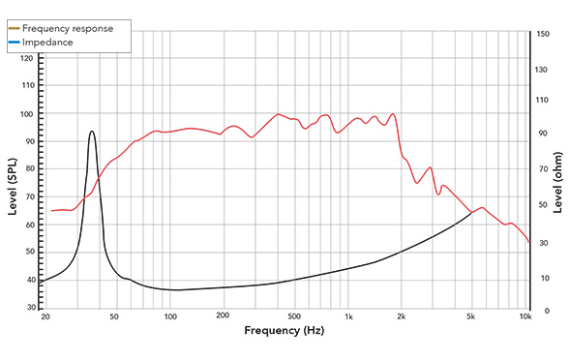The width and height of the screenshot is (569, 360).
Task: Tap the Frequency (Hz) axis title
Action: click(284, 331)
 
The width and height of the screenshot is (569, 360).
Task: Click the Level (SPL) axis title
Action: click(14, 184)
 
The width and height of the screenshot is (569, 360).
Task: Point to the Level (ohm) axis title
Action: click(556, 184)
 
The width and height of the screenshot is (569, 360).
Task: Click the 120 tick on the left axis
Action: click(27, 59)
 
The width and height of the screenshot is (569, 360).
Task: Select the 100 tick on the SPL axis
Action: click(27, 114)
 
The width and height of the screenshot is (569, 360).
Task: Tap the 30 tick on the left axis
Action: click(29, 308)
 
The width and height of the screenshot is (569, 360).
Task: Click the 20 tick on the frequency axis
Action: click(45, 316)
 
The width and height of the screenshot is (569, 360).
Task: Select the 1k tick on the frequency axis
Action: click(348, 316)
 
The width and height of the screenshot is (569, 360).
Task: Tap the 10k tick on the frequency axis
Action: click(525, 316)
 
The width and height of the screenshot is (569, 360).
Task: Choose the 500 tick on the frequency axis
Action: click(294, 316)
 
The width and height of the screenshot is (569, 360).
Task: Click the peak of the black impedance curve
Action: click(92, 132)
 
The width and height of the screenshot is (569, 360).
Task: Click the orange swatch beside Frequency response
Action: click(15, 28)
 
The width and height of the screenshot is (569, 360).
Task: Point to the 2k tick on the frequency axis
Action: click(402, 316)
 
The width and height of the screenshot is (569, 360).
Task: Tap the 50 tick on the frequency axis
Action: click(114, 316)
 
